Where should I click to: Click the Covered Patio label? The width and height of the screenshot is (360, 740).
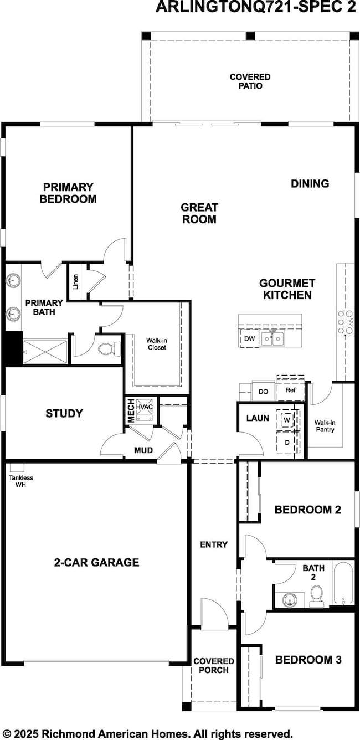click(x=250, y=81)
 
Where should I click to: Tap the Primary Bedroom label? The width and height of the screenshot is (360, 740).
click(x=68, y=193)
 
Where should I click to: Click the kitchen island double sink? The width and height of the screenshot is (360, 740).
click(x=272, y=338)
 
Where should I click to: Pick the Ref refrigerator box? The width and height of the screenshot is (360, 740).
click(x=291, y=390)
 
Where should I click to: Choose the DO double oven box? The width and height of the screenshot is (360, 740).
click(x=264, y=391)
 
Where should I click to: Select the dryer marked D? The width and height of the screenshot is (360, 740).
click(x=287, y=442)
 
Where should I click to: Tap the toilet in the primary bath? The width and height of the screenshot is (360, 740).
click(x=109, y=349)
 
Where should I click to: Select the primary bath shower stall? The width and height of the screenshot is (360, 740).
click(x=45, y=352)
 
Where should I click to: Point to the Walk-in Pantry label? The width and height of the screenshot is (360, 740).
click(x=325, y=426)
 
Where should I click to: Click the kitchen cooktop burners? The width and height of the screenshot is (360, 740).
click(x=346, y=321)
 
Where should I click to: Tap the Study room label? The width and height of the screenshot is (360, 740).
click(x=64, y=413)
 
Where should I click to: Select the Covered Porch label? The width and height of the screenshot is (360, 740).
click(x=214, y=665)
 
